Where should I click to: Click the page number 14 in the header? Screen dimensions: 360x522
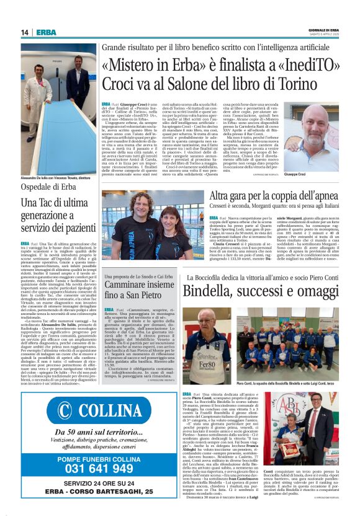pos(24,32)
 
